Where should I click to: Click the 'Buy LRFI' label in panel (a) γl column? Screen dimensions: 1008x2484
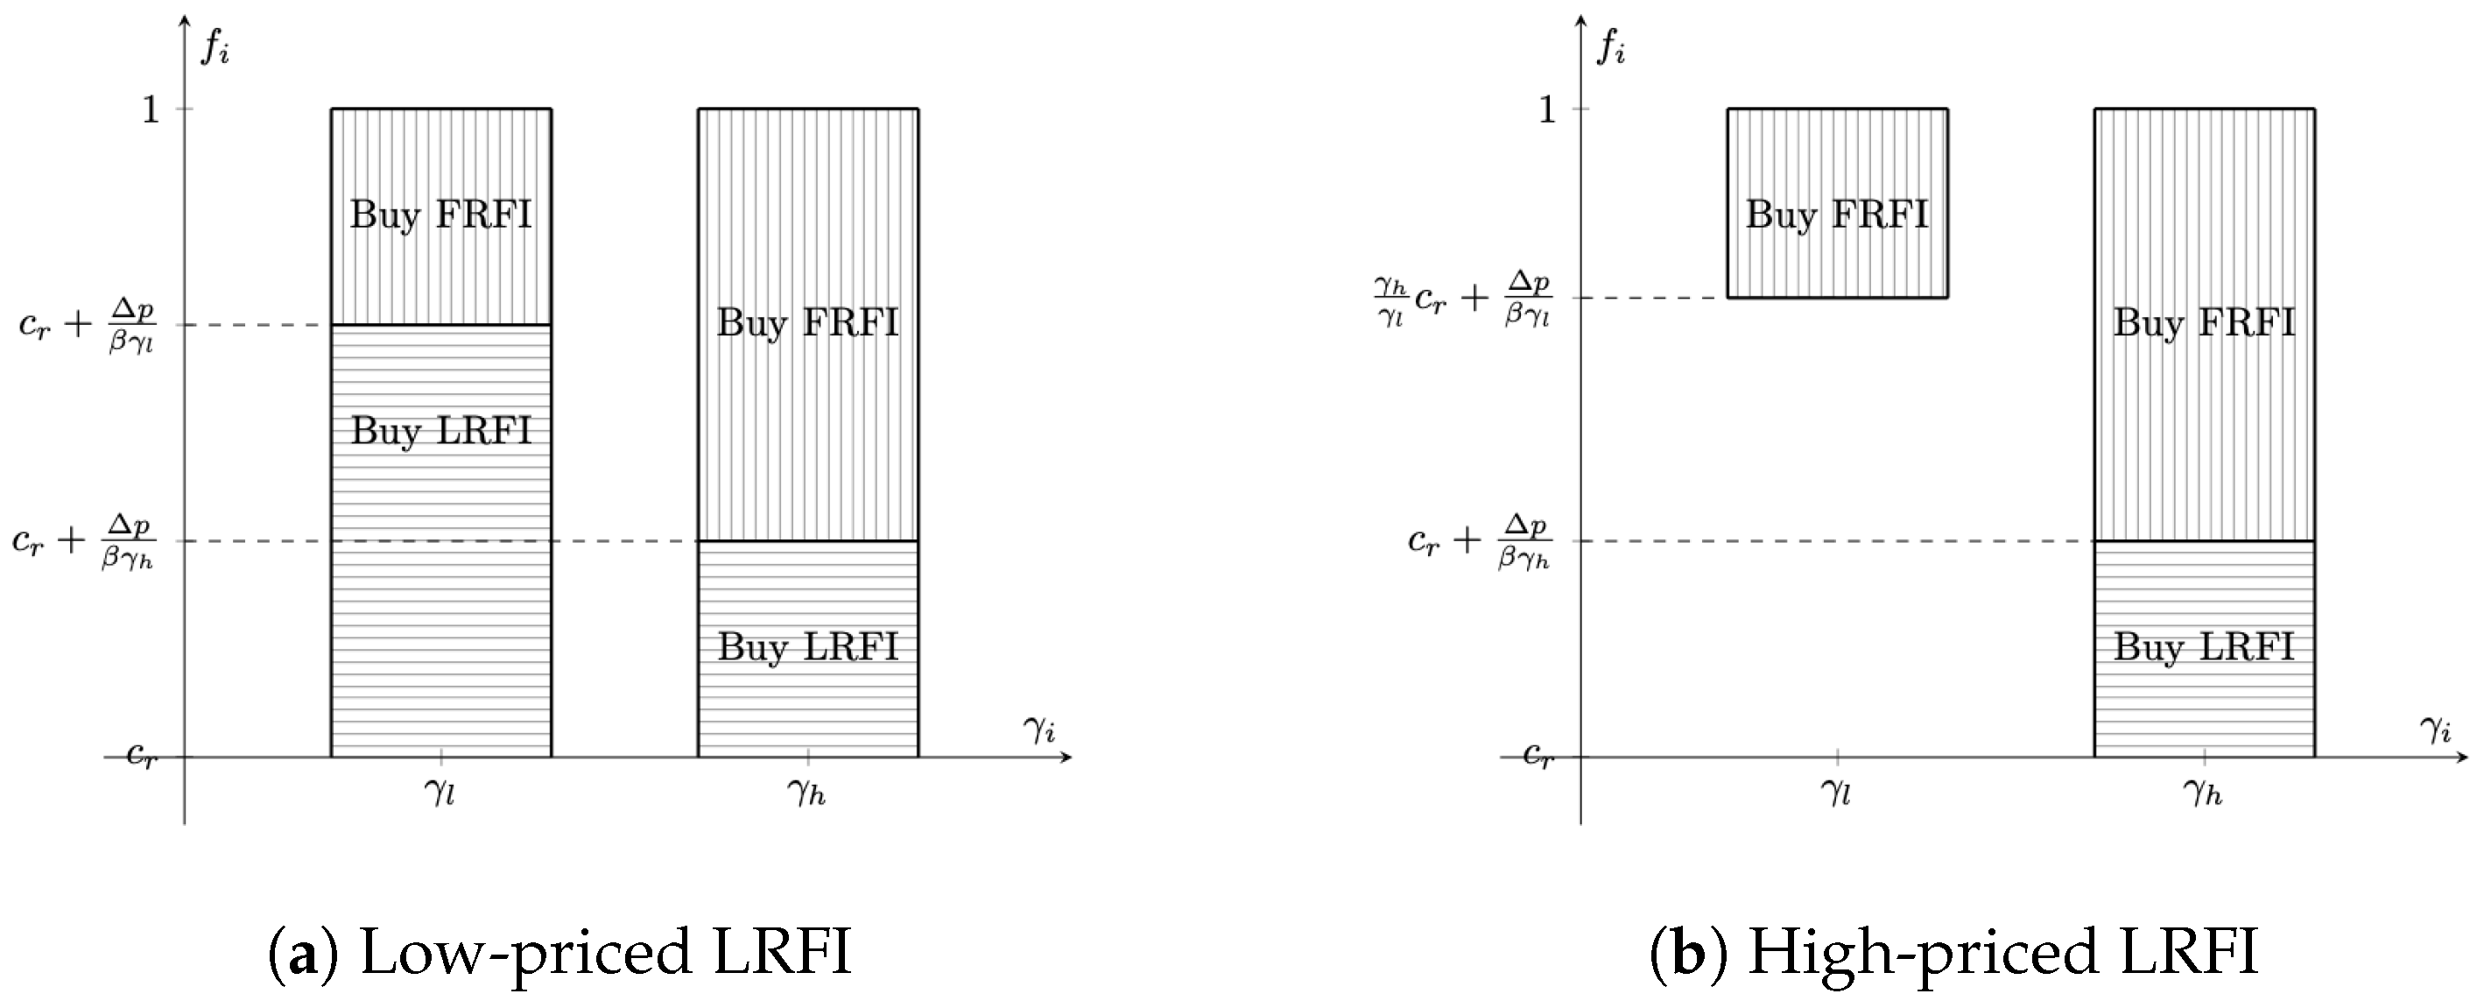click(440, 430)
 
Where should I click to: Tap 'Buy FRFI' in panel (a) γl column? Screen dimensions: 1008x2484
click(440, 215)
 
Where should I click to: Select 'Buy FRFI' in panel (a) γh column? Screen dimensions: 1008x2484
click(808, 322)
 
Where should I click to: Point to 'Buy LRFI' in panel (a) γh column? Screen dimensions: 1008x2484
click(808, 646)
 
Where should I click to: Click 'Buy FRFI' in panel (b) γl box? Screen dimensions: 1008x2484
click(1837, 215)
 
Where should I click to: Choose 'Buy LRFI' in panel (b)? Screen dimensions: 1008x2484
click(2205, 646)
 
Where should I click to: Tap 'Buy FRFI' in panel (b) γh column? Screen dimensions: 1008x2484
click(2205, 322)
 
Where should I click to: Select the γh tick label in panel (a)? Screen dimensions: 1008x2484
click(807, 793)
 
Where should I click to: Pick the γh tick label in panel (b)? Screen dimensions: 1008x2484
click(2204, 793)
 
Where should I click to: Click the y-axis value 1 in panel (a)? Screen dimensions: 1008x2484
click(151, 110)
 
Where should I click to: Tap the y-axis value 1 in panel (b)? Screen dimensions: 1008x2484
click(1547, 110)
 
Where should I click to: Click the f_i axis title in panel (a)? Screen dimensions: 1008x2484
click(215, 47)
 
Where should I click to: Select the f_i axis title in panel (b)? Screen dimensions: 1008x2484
click(1611, 47)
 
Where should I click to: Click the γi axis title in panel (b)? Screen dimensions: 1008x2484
click(2436, 730)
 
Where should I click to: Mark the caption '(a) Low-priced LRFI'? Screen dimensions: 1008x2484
click(559, 952)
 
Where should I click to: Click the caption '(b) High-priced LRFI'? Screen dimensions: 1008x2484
click(1954, 952)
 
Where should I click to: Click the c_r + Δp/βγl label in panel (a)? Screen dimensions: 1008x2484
click(86, 326)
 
